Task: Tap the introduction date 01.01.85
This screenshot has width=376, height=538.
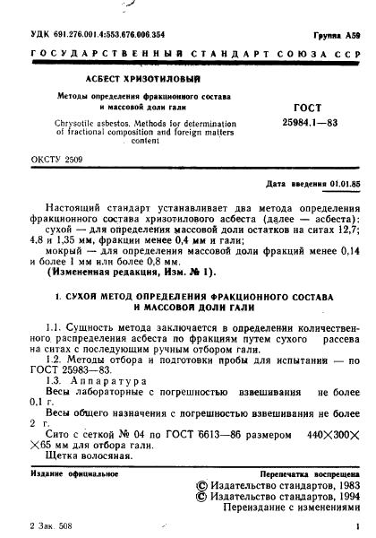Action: coord(344,183)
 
